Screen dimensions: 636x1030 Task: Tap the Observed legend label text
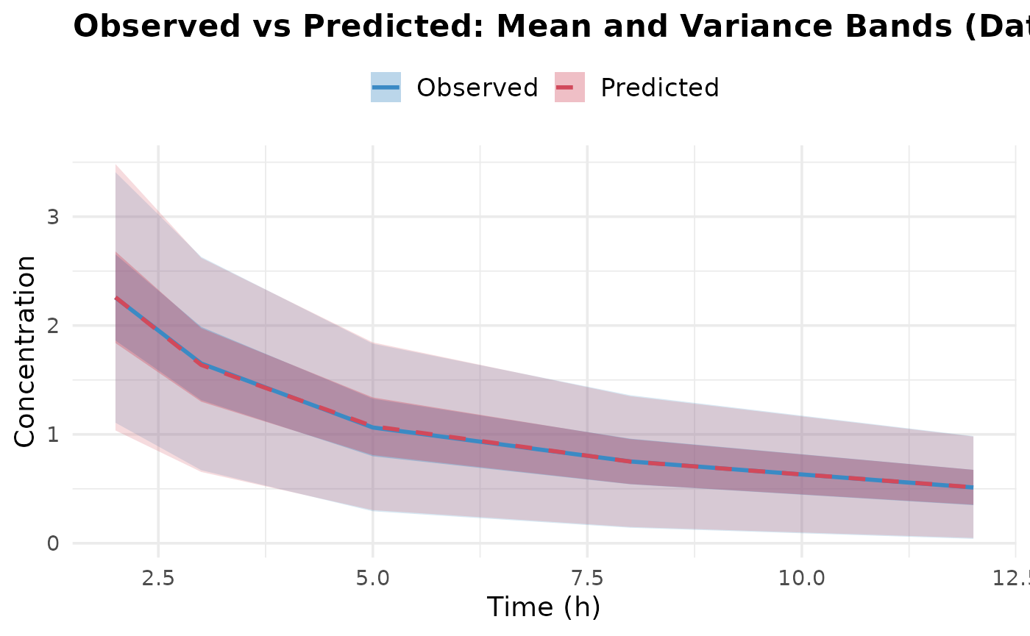tap(477, 87)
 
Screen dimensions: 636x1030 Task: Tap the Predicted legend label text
tap(659, 87)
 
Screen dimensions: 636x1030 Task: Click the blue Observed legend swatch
tap(386, 87)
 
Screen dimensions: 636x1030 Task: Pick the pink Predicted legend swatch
tap(569, 87)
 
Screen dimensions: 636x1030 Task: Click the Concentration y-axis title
tap(25, 351)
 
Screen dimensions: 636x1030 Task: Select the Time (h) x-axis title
tap(544, 607)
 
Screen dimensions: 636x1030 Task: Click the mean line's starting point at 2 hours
tap(116, 298)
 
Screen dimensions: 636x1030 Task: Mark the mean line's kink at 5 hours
tap(372, 426)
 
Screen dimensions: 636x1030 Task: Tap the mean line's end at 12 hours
tap(973, 487)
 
